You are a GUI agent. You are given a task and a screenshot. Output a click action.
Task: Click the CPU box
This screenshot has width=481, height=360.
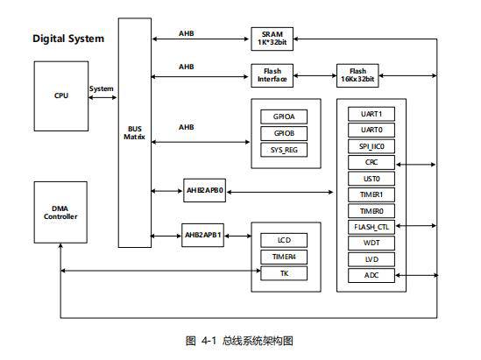tap(61, 96)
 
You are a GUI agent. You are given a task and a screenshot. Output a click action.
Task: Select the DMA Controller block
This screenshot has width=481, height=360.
tap(60, 212)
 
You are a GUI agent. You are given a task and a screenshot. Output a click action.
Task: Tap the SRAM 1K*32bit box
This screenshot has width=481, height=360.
tap(272, 39)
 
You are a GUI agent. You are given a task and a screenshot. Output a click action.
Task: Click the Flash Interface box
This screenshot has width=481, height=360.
tap(272, 75)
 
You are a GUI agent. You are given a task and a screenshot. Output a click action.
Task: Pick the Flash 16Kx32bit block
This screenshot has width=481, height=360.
tap(357, 75)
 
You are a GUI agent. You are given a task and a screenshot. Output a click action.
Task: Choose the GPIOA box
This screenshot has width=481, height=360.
tap(284, 116)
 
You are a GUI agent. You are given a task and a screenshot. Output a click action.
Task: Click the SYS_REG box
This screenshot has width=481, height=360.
tap(284, 150)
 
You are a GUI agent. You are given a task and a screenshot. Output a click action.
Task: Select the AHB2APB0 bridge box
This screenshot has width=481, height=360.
tap(204, 190)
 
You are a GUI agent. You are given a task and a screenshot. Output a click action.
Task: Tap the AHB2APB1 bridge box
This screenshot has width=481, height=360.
tap(202, 236)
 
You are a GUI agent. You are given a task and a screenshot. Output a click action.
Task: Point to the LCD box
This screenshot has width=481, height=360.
tap(284, 240)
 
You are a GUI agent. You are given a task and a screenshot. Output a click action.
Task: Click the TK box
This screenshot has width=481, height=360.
tap(284, 273)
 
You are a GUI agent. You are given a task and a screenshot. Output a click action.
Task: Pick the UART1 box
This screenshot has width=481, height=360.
tap(371, 114)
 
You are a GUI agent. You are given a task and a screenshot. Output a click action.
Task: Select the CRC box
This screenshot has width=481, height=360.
tap(371, 162)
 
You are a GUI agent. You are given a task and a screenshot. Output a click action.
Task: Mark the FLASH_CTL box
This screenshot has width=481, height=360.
tap(371, 227)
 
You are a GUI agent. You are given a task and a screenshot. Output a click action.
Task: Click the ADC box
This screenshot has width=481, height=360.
tap(371, 275)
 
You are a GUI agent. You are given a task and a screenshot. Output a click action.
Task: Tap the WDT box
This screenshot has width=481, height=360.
tap(371, 244)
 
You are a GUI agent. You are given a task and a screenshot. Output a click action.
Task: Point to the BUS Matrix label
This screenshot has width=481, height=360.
tap(134, 133)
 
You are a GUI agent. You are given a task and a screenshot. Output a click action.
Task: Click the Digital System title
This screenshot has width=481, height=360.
tap(68, 39)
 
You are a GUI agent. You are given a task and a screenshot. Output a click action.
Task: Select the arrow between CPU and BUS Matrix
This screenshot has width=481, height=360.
tap(103, 97)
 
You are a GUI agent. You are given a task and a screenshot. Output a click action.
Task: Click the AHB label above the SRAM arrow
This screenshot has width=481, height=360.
tap(187, 33)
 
